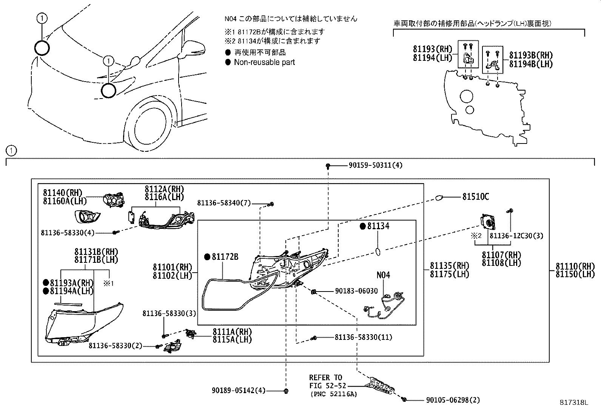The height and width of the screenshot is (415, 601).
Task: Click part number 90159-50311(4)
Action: pos(370,165)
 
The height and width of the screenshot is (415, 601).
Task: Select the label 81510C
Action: pos(475,197)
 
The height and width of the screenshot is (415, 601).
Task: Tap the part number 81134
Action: pos(378,226)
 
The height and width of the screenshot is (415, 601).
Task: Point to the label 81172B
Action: pos(225,257)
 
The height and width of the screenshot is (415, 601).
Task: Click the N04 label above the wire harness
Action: pos(383,275)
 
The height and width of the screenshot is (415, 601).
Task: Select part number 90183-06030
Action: pos(356,291)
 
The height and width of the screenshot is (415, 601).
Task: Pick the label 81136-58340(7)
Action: pos(224,203)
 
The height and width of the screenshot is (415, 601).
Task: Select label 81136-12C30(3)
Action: pos(516,236)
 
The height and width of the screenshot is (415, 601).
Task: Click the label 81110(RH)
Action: pos(575,267)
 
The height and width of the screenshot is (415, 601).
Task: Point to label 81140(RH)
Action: pos(62,193)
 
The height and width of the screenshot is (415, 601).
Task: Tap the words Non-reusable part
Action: pos(264,62)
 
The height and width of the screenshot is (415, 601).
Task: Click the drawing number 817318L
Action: pos(574,403)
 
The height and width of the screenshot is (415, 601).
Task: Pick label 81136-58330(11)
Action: pos(363,337)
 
